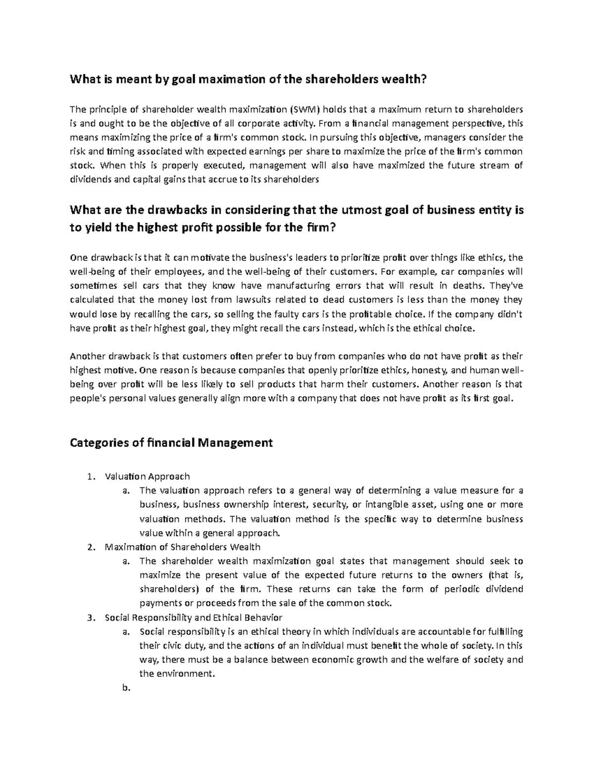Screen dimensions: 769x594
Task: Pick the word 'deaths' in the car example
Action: click(474, 285)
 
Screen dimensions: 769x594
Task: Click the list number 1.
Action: click(89, 477)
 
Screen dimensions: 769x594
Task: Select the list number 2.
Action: click(89, 547)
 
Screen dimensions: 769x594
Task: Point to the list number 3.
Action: click(89, 617)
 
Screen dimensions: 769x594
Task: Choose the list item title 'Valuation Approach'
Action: click(147, 477)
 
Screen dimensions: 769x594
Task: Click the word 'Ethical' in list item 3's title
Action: click(225, 617)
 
